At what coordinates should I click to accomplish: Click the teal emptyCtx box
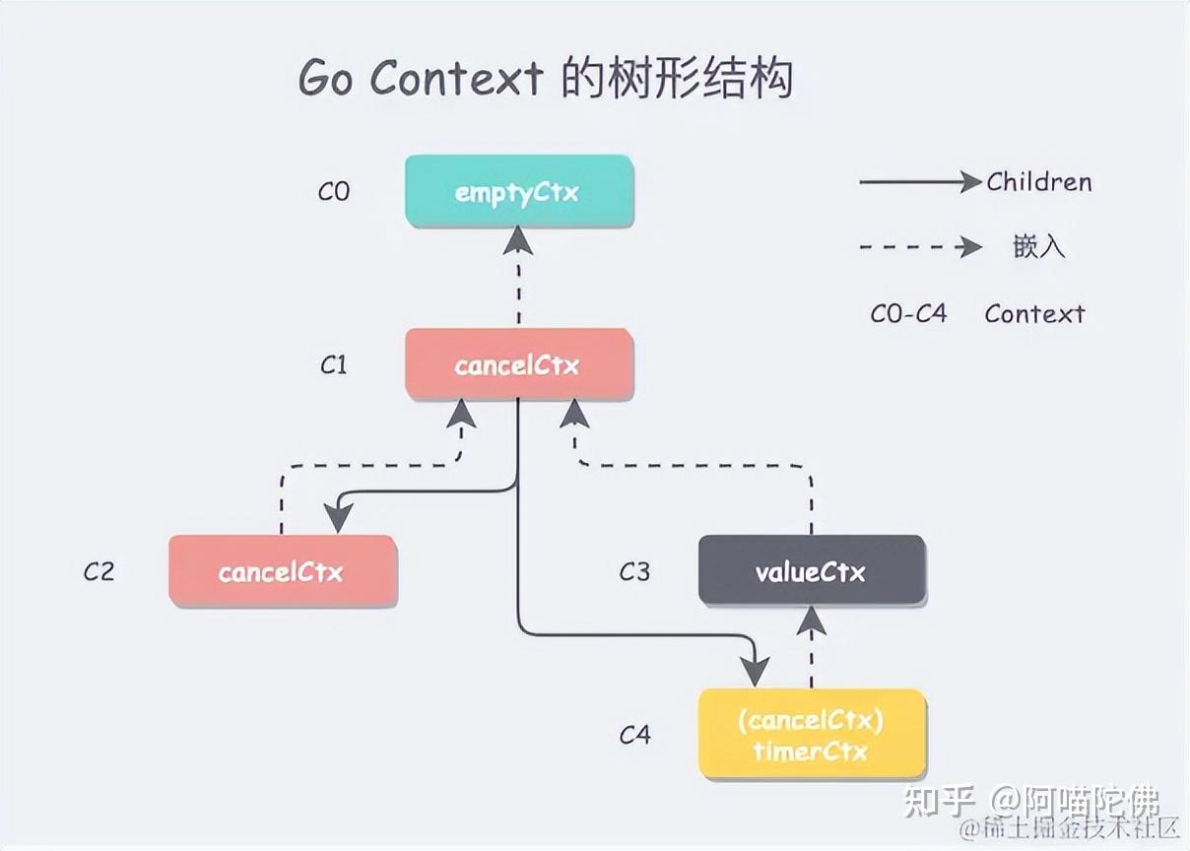coord(519,191)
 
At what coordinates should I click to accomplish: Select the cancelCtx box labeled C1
coord(519,365)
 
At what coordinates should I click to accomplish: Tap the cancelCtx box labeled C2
coord(283,571)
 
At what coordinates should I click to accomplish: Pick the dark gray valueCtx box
coord(812,571)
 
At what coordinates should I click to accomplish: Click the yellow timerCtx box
coord(812,735)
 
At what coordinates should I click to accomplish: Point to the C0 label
coord(334,191)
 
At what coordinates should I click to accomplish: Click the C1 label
coord(334,365)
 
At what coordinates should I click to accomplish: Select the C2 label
coord(99,571)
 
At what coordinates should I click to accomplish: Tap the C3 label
coord(634,571)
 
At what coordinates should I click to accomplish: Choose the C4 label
coord(634,735)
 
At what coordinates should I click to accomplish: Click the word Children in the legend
coord(1039,182)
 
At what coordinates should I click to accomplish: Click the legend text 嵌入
coord(1038,246)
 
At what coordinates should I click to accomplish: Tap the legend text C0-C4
coord(908,314)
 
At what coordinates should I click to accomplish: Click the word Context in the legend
coord(1034,314)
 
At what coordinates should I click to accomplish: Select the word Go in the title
coord(325,79)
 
